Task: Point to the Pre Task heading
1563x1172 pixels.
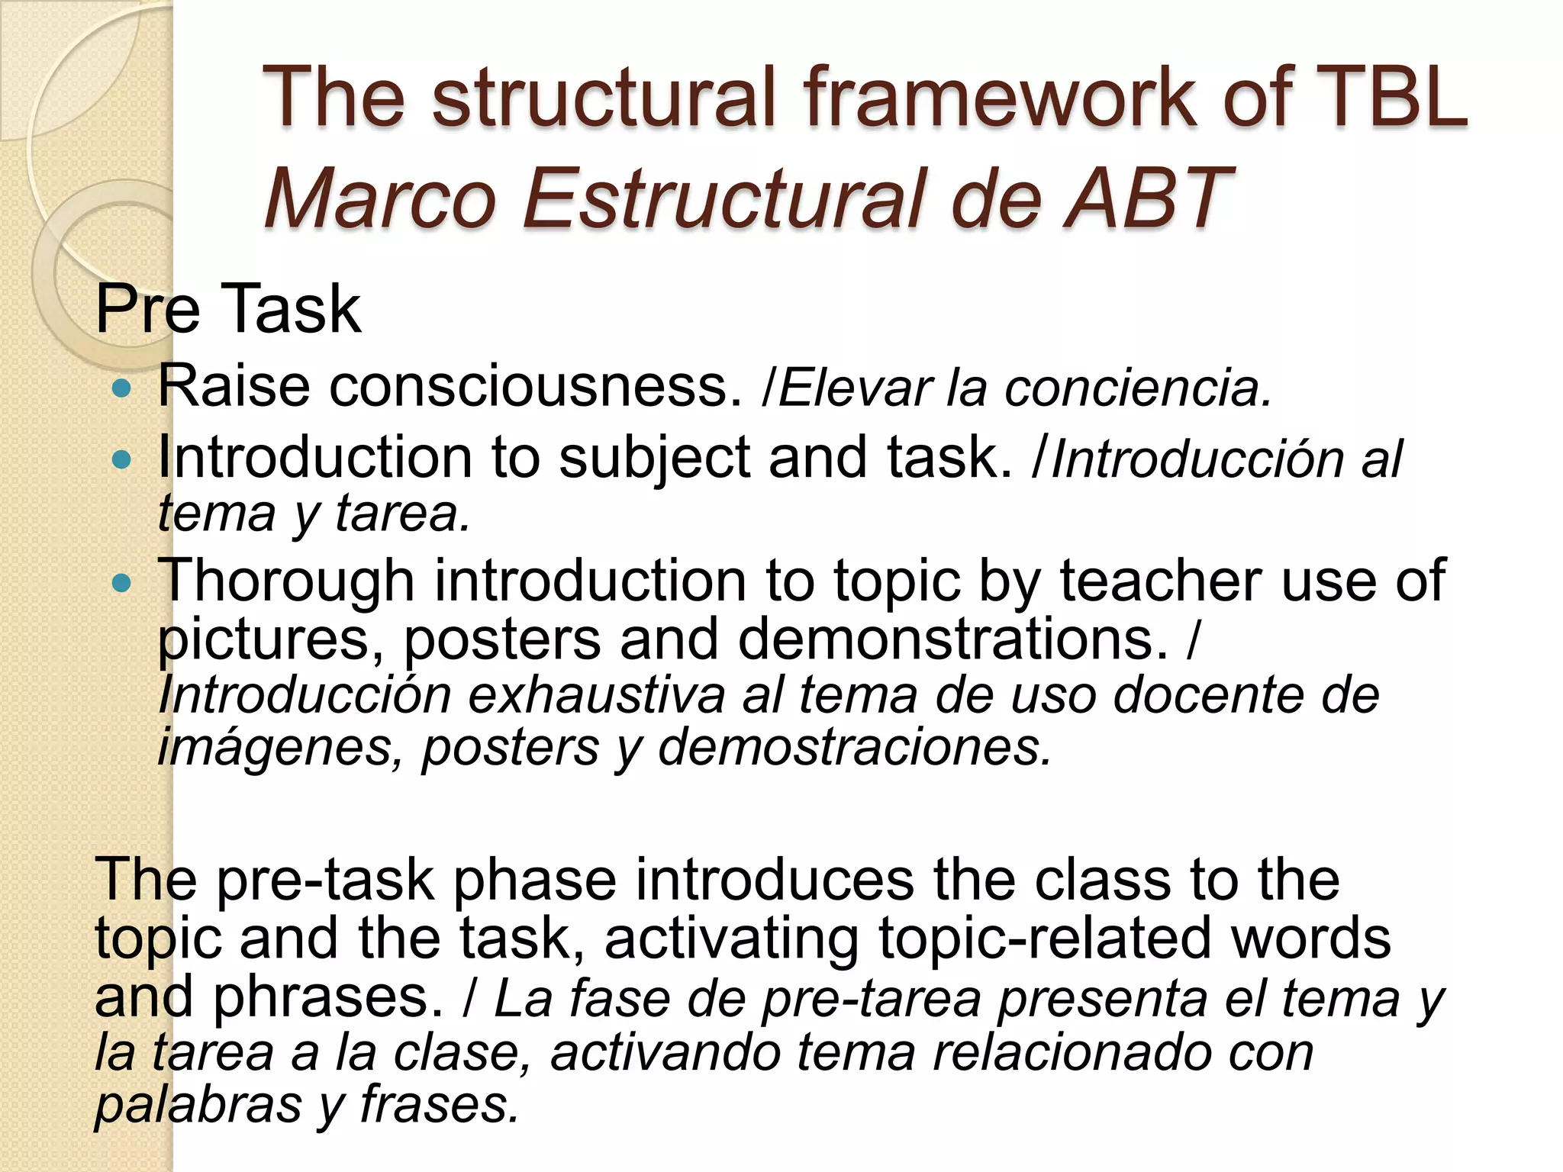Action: click(227, 309)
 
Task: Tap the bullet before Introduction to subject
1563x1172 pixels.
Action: click(121, 460)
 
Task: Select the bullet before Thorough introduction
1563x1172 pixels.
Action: click(121, 584)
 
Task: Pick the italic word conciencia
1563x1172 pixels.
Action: click(1137, 388)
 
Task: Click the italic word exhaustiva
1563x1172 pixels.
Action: click(596, 695)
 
